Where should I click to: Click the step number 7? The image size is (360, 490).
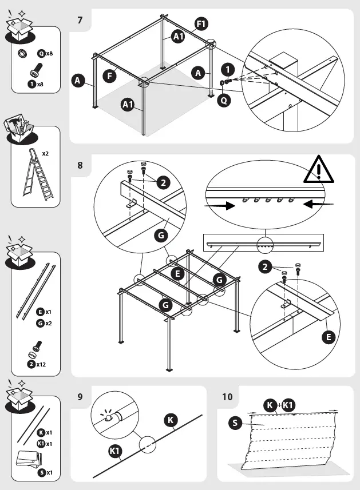80,21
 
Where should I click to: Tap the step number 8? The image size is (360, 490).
80,166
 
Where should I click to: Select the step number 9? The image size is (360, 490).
80,397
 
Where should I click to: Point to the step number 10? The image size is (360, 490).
227,397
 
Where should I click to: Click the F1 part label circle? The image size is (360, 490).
201,23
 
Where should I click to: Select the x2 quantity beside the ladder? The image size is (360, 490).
46,154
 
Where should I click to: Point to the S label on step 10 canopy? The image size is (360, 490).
234,423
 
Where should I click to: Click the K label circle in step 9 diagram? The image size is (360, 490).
170,421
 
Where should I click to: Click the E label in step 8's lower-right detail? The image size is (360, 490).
328,337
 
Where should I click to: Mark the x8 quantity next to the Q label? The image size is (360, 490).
50,53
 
